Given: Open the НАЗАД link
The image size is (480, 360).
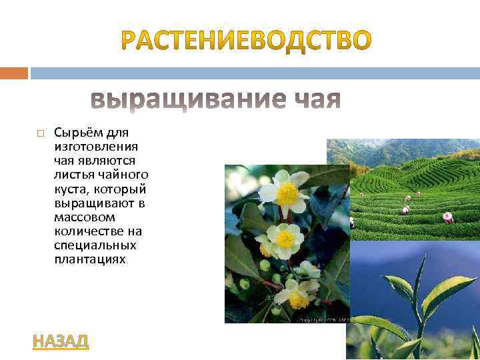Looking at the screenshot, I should click(x=60, y=341).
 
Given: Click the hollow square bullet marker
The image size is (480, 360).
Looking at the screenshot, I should click(x=40, y=133).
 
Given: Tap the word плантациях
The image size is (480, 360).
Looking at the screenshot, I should click(x=89, y=259).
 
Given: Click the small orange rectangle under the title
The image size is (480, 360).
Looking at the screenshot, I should click(x=14, y=72).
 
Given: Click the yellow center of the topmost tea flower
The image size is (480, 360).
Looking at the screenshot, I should click(x=288, y=193).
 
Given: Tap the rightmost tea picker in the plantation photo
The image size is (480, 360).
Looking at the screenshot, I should click(x=448, y=217).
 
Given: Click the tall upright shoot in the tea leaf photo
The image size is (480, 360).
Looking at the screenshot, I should click(x=418, y=293).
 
